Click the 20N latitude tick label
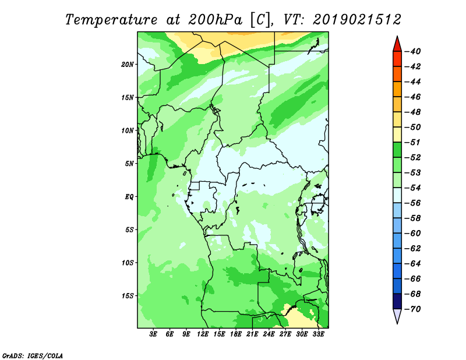tap(128, 65)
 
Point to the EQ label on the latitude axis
tap(129, 197)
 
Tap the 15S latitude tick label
tap(128, 296)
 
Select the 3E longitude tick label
tap(153, 334)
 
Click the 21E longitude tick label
tap(252, 334)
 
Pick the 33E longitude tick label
tap(318, 334)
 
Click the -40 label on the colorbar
tap(412, 51)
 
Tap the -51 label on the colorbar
tap(412, 142)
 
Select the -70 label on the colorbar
tap(412, 309)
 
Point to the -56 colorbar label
tap(412, 203)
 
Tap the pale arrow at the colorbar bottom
tap(397, 316)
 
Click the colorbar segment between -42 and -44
tap(397, 74)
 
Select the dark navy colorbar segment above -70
tap(397, 301)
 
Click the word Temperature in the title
tap(111, 20)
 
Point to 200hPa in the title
tap(215, 20)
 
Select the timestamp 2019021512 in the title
tap(357, 20)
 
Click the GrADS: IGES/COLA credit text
tap(33, 356)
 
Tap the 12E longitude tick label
tap(203, 334)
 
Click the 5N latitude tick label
tap(129, 164)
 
